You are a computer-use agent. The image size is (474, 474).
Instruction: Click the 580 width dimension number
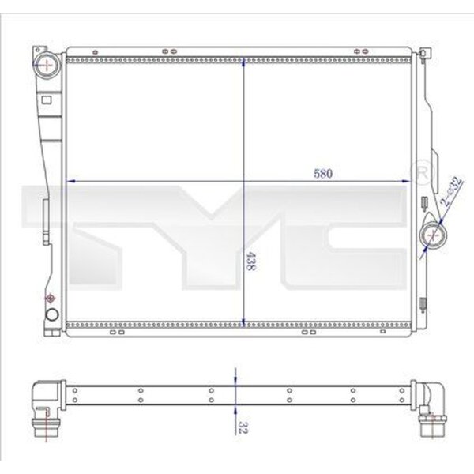323,174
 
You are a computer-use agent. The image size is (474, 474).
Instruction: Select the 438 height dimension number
250,261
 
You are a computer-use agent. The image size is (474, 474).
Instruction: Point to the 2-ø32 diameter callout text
451,191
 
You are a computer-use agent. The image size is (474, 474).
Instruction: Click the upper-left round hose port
47,65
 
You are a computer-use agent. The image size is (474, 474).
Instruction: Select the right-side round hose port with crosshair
433,235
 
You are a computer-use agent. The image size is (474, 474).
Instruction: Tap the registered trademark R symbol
422,173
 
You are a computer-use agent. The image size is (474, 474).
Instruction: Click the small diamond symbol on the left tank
51,299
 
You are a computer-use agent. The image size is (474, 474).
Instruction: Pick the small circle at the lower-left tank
52,314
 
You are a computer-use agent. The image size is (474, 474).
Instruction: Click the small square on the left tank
47,100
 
